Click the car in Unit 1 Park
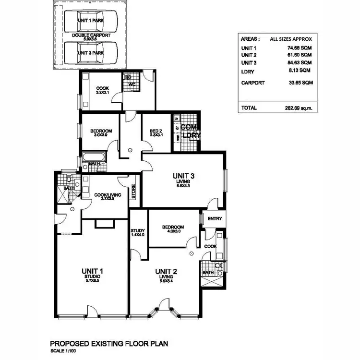(x=91, y=22)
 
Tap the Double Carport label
(x=91, y=37)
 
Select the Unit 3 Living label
(x=182, y=179)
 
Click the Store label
(x=134, y=192)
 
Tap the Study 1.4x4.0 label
(x=137, y=233)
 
